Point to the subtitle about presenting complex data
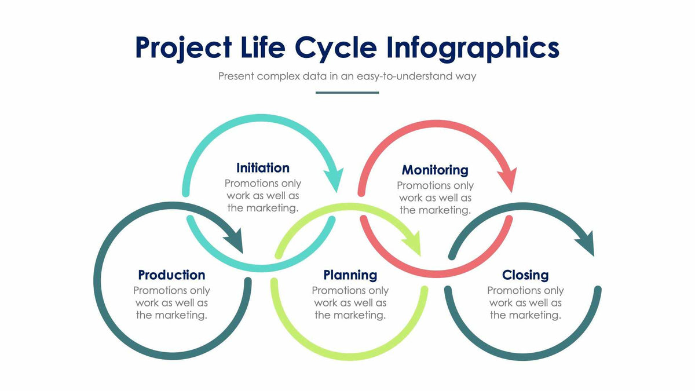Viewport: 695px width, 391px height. pyautogui.click(x=347, y=76)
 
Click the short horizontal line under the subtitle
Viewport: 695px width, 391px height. pyautogui.click(x=347, y=92)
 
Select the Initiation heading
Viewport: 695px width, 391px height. pyautogui.click(x=263, y=168)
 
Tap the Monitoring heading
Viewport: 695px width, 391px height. pyautogui.click(x=435, y=170)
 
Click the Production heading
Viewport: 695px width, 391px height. pyautogui.click(x=171, y=275)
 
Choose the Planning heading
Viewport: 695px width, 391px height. pyautogui.click(x=350, y=275)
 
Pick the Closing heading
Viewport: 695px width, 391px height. pyautogui.click(x=525, y=275)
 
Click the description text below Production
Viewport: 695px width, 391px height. pyautogui.click(x=171, y=303)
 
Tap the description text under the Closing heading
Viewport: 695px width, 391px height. pyautogui.click(x=525, y=303)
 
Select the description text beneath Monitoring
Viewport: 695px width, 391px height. pyautogui.click(x=435, y=198)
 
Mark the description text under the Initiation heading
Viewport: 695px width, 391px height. pyautogui.click(x=263, y=196)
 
